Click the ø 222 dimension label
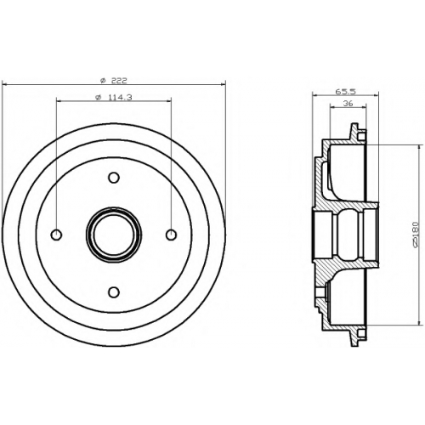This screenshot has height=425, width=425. click(114, 81)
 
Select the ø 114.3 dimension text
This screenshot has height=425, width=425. click(114, 97)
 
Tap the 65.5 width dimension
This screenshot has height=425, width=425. click(345, 92)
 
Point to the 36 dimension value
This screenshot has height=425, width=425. click(348, 104)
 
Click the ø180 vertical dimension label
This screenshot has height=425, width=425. click(416, 235)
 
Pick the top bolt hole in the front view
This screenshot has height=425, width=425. click(114, 178)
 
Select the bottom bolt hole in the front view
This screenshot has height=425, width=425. click(114, 292)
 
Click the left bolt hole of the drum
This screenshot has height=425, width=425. click(56, 235)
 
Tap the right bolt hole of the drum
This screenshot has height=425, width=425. click(171, 235)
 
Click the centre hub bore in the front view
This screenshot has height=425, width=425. click(114, 235)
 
